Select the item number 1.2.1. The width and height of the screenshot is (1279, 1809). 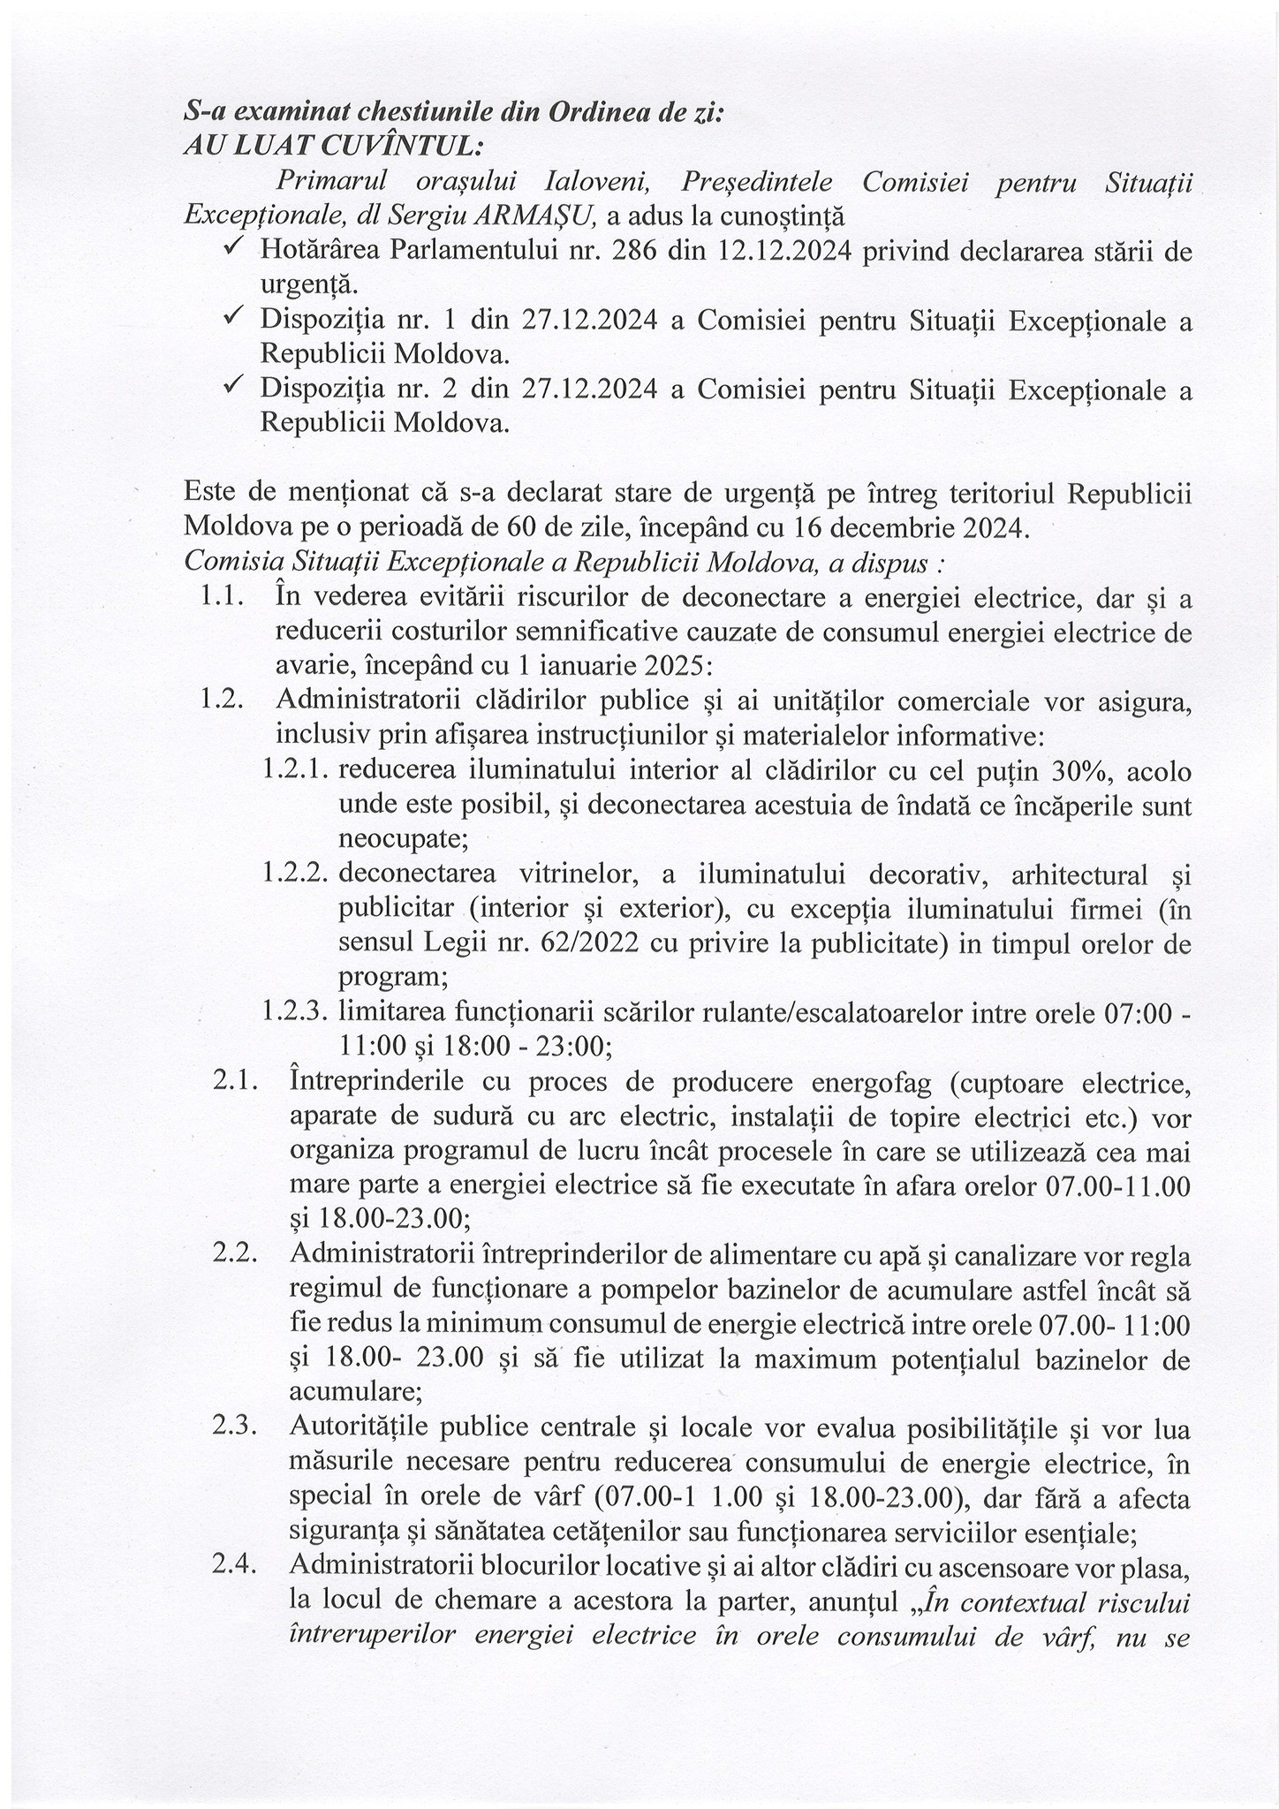click(296, 771)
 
